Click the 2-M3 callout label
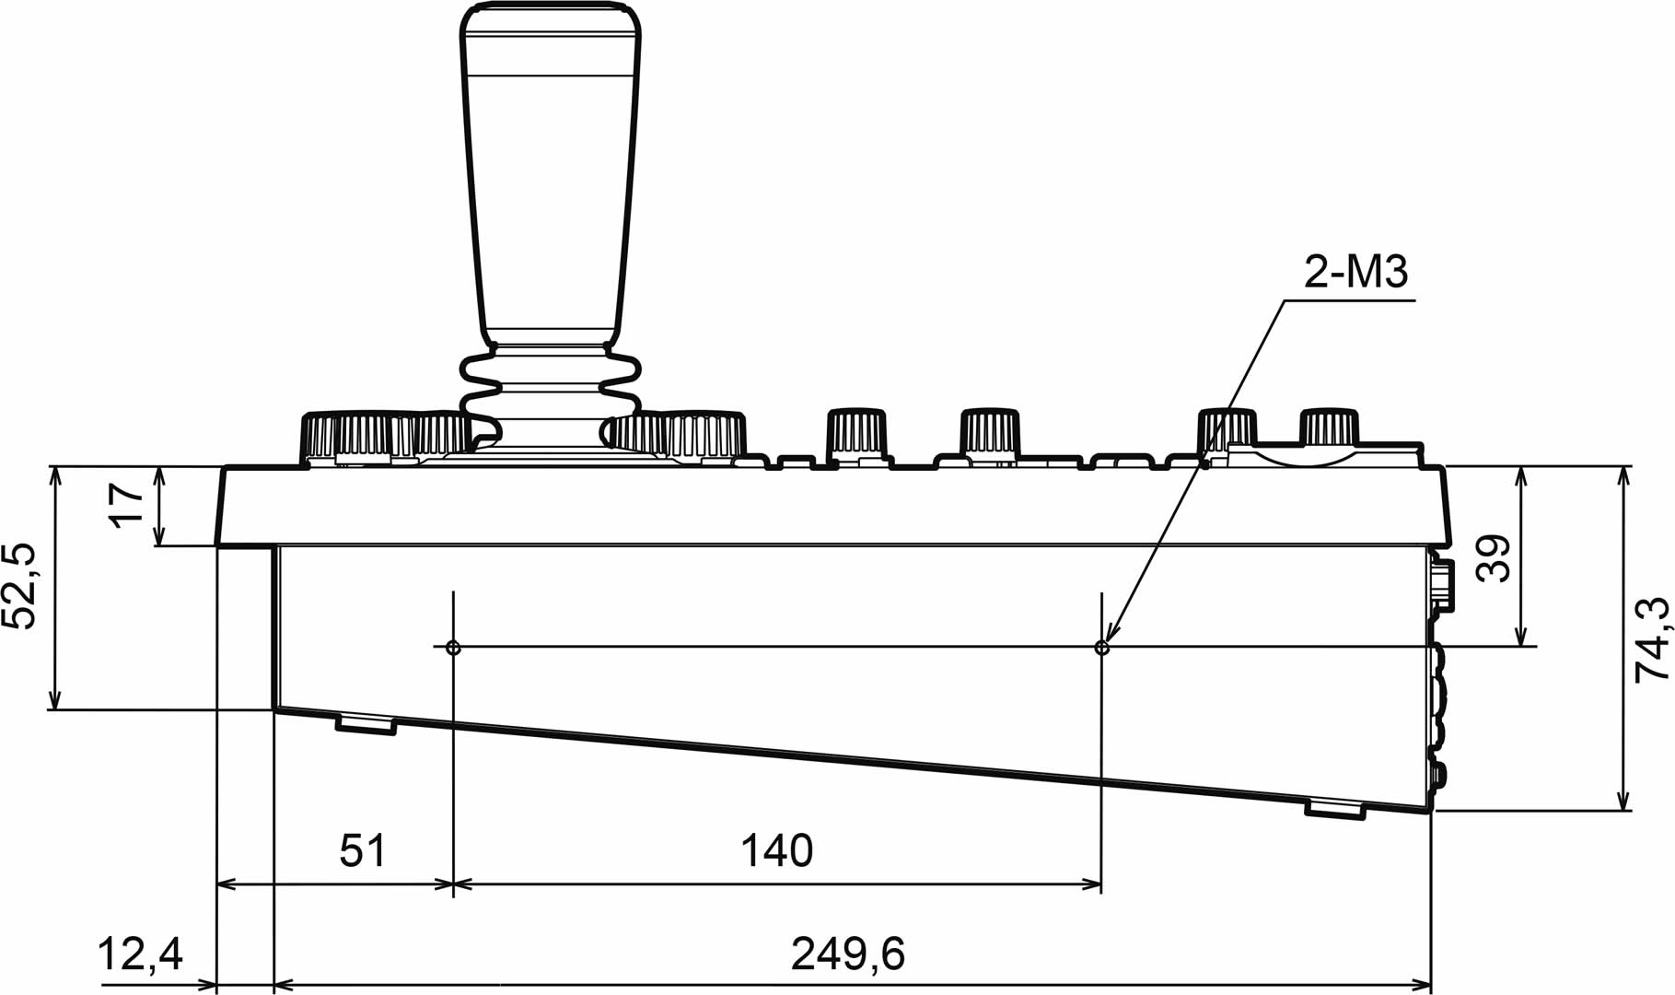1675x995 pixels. click(1355, 273)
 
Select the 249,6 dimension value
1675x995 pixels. click(847, 955)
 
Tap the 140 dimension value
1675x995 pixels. click(777, 851)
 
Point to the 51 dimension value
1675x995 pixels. click(363, 851)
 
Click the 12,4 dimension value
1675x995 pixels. click(141, 955)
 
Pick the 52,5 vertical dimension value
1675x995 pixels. click(20, 587)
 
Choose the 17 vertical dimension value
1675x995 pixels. click(127, 506)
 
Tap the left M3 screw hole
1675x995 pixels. click(453, 648)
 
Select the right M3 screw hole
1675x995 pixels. click(1102, 648)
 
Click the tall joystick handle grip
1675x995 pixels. click(551, 175)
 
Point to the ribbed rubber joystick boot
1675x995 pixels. click(551, 392)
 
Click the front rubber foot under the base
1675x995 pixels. click(366, 724)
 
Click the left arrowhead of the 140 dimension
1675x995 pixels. click(461, 885)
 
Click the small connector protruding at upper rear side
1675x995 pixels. click(1443, 582)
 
